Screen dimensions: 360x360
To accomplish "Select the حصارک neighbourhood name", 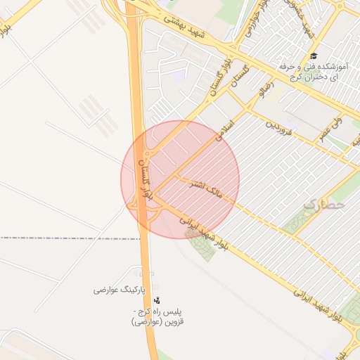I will click(x=326, y=204).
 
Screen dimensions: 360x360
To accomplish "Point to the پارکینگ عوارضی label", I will click(x=119, y=289).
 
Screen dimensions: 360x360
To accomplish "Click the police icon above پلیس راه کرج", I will click(x=156, y=300).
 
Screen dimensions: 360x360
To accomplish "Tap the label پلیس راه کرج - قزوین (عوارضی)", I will click(x=157, y=316).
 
